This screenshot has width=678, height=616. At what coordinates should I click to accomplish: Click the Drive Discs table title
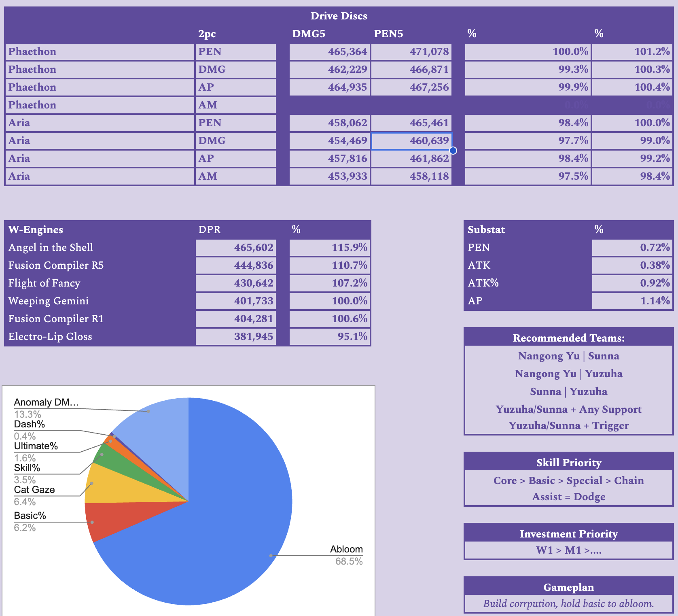pyautogui.click(x=339, y=16)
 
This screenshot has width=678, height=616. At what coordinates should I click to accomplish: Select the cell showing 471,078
pyautogui.click(x=411, y=52)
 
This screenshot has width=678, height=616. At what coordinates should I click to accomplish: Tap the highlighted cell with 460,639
pyautogui.click(x=411, y=141)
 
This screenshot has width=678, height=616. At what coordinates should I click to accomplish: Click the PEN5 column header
pyautogui.click(x=388, y=34)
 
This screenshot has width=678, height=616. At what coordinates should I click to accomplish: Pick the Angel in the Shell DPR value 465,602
pyautogui.click(x=236, y=248)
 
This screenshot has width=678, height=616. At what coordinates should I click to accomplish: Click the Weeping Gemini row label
pyautogui.click(x=49, y=301)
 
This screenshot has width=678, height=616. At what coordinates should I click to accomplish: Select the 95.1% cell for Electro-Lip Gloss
pyautogui.click(x=330, y=337)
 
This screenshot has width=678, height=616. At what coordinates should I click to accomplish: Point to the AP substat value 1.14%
pyautogui.click(x=632, y=301)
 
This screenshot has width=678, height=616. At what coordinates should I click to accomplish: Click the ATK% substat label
pyautogui.click(x=483, y=283)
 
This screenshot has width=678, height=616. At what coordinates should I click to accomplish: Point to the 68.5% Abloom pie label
pyautogui.click(x=349, y=561)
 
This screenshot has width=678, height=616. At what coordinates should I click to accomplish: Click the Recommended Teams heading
pyautogui.click(x=568, y=338)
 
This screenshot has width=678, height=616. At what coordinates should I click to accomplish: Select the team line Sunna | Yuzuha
pyautogui.click(x=568, y=392)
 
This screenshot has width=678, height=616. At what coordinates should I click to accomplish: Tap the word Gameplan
pyautogui.click(x=568, y=587)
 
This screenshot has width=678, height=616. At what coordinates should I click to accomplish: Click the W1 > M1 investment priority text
pyautogui.click(x=568, y=550)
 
